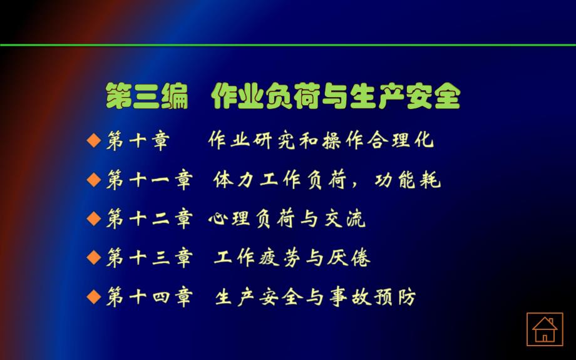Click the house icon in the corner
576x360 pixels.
point(544,329)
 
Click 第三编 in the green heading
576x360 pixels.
point(147,97)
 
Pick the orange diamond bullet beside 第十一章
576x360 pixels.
point(93,180)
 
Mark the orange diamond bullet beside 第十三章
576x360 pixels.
point(93,257)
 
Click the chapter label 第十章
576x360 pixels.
point(138,141)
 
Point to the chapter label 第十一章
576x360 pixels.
point(149,180)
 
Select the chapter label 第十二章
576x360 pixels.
point(149,219)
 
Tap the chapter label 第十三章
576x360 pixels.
point(149,257)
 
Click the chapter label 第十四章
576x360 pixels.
point(149,296)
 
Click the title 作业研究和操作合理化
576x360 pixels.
point(321,141)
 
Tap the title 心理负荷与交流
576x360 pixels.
point(287,219)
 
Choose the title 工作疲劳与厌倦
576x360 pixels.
point(292,257)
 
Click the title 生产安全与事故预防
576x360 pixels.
point(315,296)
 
